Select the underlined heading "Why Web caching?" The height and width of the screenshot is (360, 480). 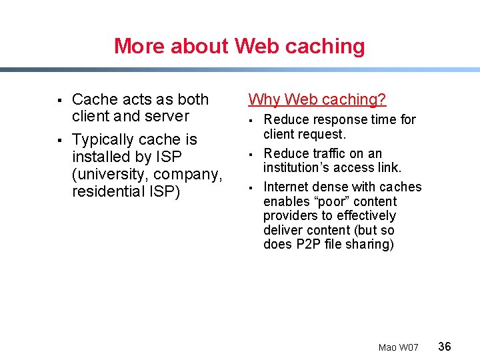click(317, 99)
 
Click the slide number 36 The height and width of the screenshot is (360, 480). click(445, 346)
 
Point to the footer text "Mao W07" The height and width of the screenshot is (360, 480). click(398, 347)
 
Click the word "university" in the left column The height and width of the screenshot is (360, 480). click(109, 174)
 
